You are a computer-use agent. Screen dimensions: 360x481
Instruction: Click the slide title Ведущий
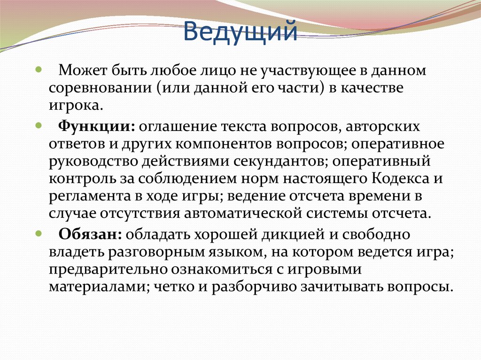tap(240, 33)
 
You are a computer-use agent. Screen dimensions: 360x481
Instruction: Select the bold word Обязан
tap(91, 233)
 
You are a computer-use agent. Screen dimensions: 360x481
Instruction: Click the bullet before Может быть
tap(39, 69)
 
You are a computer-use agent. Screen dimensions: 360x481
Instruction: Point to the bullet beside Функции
tap(39, 124)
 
